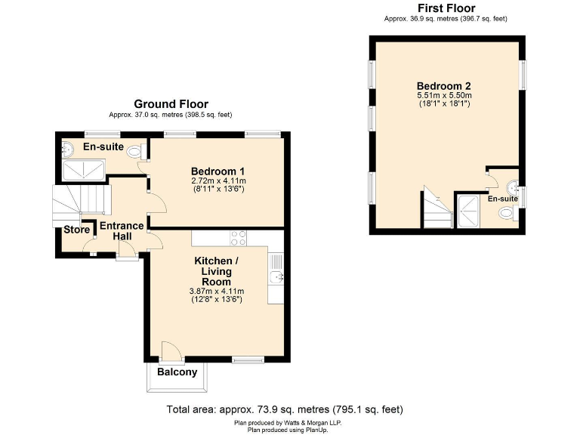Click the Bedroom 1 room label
[x=217, y=171]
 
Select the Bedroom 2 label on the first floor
[x=443, y=85]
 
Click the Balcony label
[x=177, y=372]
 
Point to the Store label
[x=76, y=230]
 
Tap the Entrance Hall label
[x=122, y=231]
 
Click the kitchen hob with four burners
[x=239, y=237]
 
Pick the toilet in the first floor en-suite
[x=507, y=216]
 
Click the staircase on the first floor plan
[x=436, y=210]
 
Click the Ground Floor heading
[x=171, y=104]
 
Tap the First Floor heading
[x=446, y=8]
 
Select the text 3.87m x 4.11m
[x=216, y=291]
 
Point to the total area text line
[x=285, y=409]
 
